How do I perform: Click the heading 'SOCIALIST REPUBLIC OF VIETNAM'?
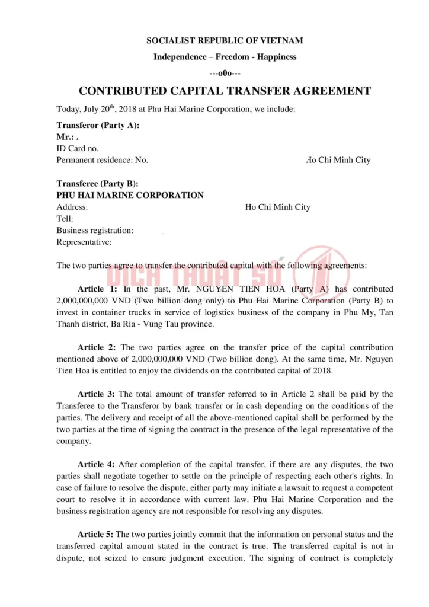pyautogui.click(x=225, y=40)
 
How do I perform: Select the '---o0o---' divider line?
pyautogui.click(x=225, y=74)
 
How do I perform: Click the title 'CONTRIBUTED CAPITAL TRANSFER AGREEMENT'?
pyautogui.click(x=225, y=91)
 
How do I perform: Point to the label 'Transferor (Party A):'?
pyautogui.click(x=98, y=125)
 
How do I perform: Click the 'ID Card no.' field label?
pyautogui.click(x=78, y=148)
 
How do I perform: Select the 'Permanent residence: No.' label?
pyautogui.click(x=102, y=160)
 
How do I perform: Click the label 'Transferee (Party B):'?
pyautogui.click(x=97, y=184)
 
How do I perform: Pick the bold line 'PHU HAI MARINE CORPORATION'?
pyautogui.click(x=130, y=195)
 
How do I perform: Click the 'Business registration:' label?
pyautogui.click(x=95, y=230)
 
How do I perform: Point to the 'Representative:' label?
pyautogui.click(x=84, y=242)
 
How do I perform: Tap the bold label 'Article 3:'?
pyautogui.click(x=97, y=394)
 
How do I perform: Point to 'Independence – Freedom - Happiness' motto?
pyautogui.click(x=225, y=57)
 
